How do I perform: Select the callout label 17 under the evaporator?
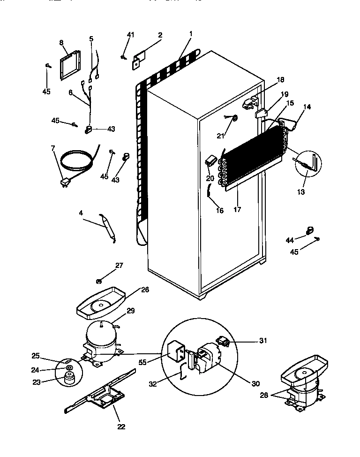[237, 209]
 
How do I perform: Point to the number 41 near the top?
[130, 35]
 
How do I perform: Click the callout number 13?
[301, 191]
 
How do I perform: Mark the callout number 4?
[81, 213]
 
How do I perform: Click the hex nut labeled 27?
[99, 281]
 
